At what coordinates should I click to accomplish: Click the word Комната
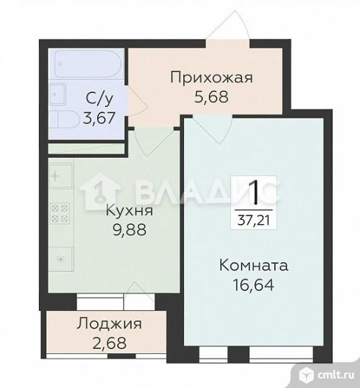(x=254, y=266)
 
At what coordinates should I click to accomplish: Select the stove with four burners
(x=58, y=213)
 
